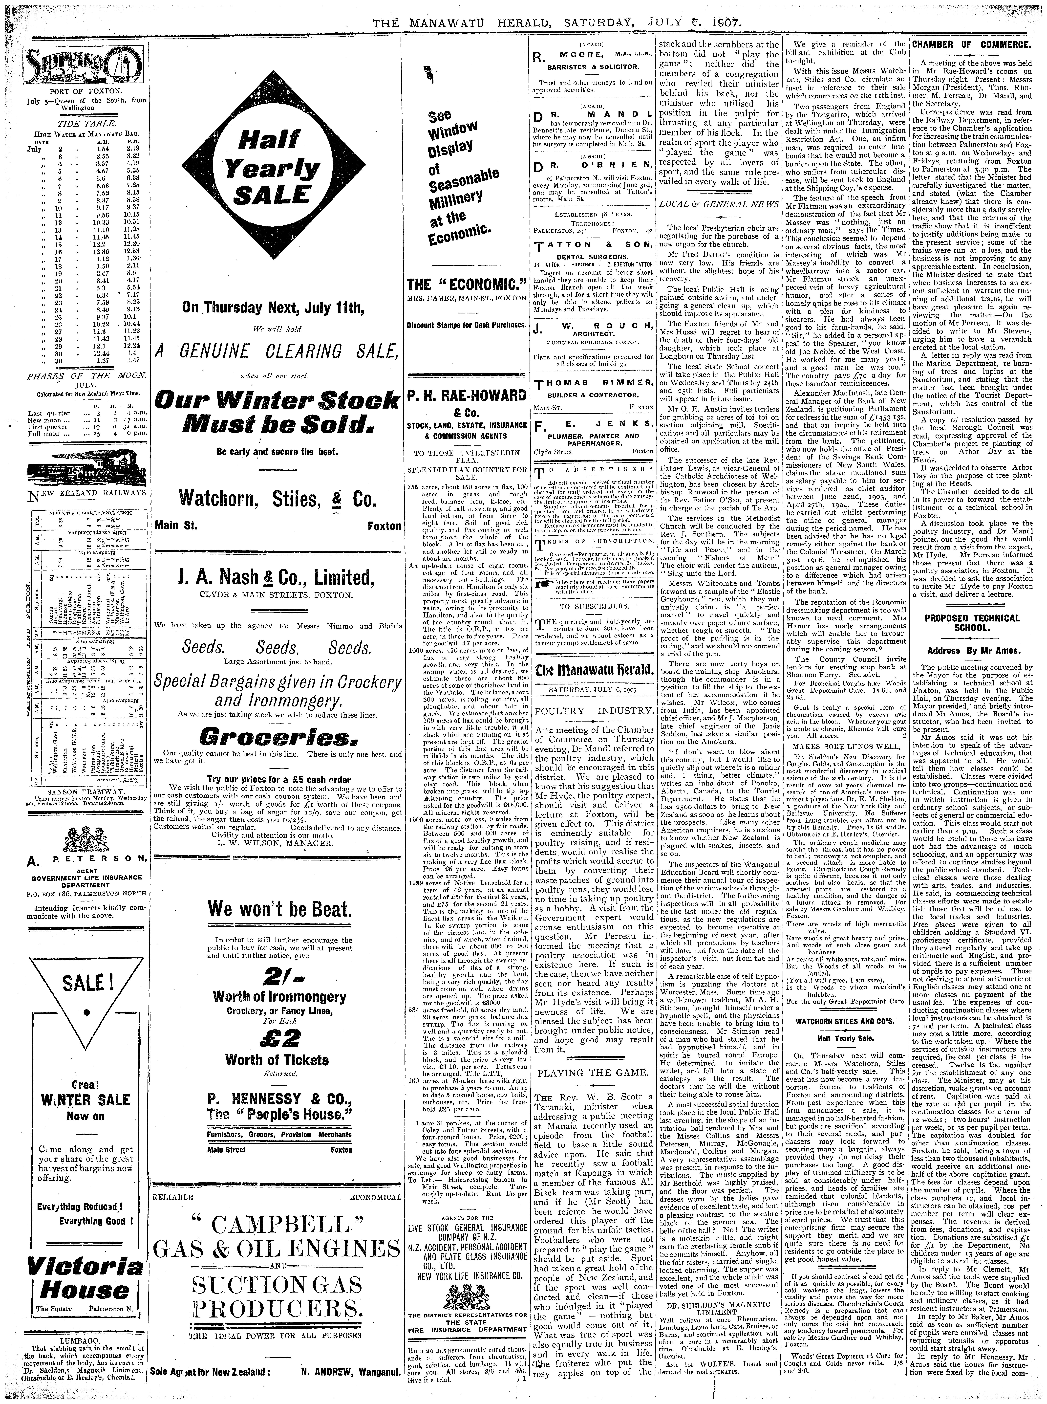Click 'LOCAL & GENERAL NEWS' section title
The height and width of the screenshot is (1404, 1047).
(x=719, y=204)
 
